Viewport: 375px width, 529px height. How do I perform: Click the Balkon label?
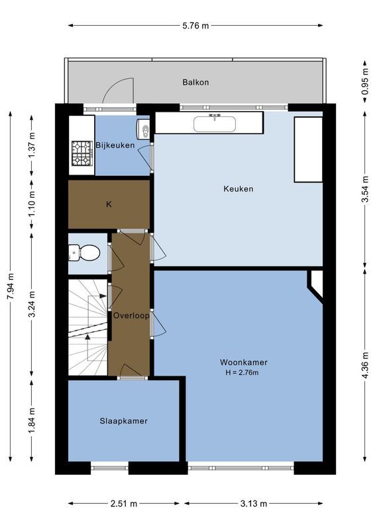(x=195, y=83)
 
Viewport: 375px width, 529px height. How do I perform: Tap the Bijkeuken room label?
(x=115, y=145)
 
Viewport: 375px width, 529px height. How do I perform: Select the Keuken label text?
(x=238, y=189)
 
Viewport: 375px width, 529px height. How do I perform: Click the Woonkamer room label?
(x=244, y=362)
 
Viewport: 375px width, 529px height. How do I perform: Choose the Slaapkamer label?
(x=123, y=421)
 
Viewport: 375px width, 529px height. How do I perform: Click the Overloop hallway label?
(x=130, y=315)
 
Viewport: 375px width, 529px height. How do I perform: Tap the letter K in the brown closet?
(x=109, y=204)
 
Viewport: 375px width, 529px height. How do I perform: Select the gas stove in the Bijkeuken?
(x=82, y=153)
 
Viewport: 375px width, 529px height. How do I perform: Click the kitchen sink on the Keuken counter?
(x=215, y=123)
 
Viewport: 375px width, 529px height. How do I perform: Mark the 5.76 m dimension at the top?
(x=195, y=26)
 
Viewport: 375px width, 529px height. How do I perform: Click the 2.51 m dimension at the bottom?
(x=123, y=504)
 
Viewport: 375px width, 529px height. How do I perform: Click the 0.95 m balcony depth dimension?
(x=365, y=83)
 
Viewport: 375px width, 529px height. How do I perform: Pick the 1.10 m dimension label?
(x=32, y=204)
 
